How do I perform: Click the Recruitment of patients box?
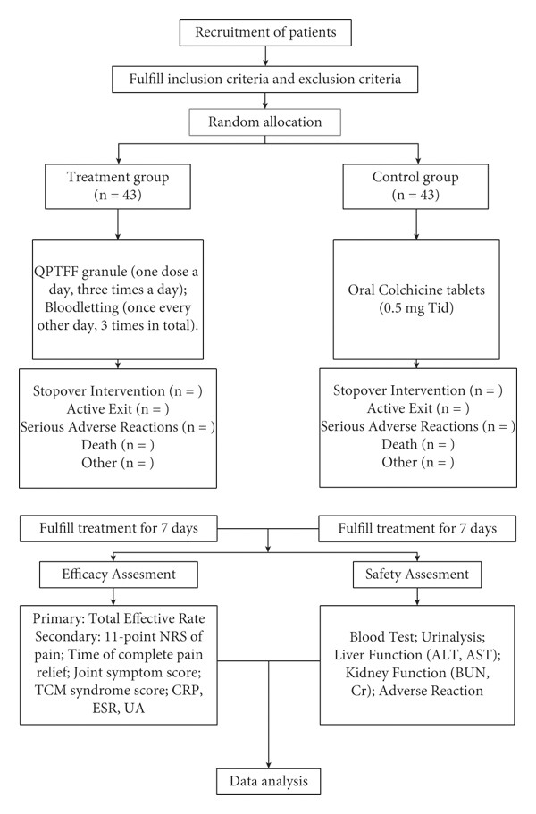click(x=265, y=32)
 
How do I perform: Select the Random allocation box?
click(x=264, y=122)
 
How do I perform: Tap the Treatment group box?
click(x=118, y=187)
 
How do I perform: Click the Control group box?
click(x=415, y=187)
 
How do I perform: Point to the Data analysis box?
click(x=268, y=781)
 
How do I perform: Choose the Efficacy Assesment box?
click(x=119, y=575)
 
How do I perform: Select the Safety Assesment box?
click(x=417, y=575)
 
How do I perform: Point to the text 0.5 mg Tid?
click(x=416, y=308)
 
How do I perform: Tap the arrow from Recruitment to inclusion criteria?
click(x=265, y=56)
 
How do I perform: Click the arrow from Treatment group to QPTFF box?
click(x=118, y=224)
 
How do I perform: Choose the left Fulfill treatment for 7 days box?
click(x=118, y=528)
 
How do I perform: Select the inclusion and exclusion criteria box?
click(x=264, y=80)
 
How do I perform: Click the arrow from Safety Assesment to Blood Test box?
click(x=417, y=597)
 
